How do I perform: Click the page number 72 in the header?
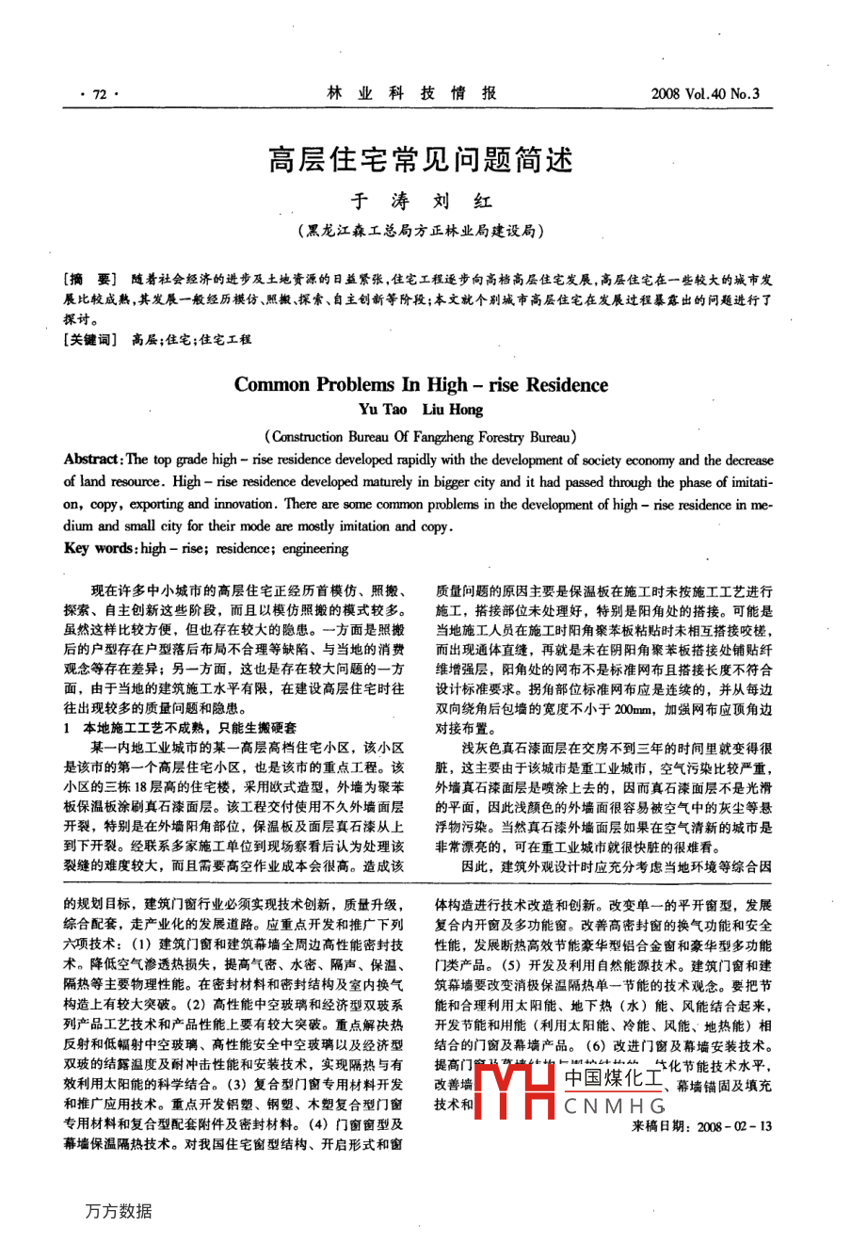click(94, 94)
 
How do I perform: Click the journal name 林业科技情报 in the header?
click(411, 93)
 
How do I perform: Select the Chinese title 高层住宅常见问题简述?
click(421, 159)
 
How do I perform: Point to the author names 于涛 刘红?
click(421, 202)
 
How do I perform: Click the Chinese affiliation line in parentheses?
click(420, 231)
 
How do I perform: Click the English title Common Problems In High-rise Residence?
click(421, 384)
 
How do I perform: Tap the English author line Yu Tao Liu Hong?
click(421, 410)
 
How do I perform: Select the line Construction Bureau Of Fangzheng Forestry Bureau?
click(421, 437)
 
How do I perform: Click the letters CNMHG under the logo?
click(616, 1106)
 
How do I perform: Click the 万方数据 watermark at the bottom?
click(118, 1211)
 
